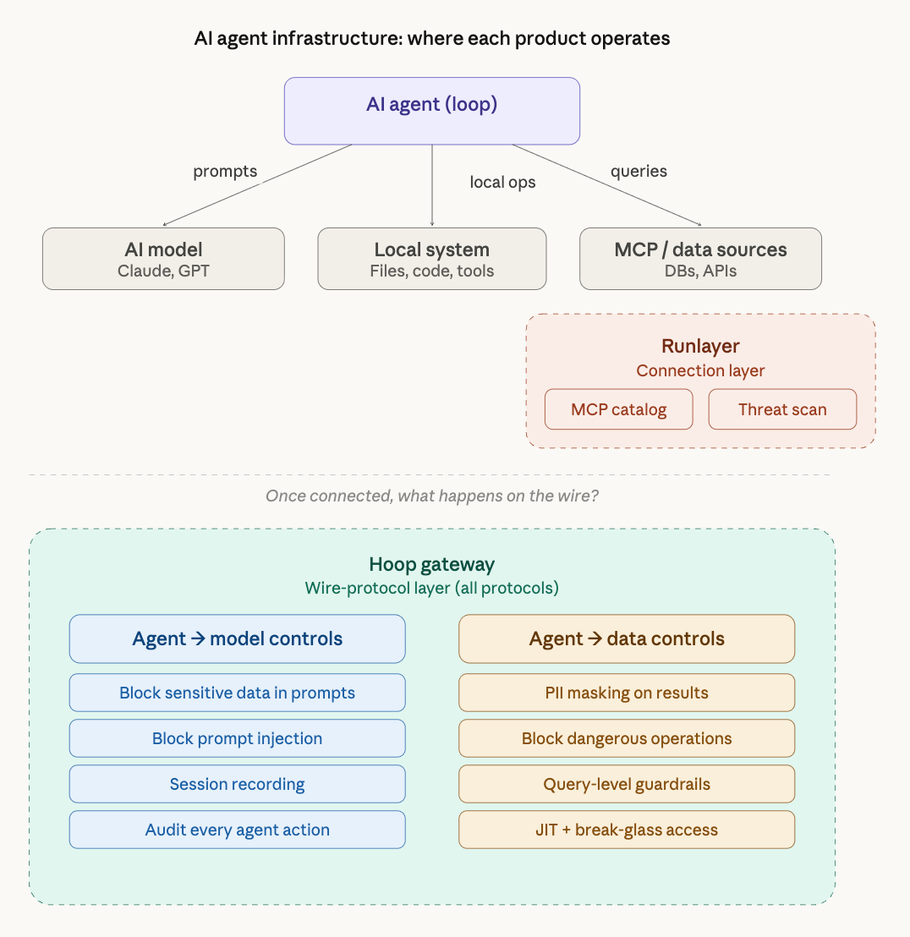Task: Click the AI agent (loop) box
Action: (x=431, y=111)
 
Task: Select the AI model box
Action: (x=163, y=259)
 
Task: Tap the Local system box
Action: (x=431, y=259)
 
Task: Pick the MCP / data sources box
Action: (x=700, y=259)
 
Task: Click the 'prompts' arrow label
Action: (x=225, y=172)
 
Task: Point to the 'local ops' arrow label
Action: (x=502, y=182)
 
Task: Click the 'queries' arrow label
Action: (x=639, y=171)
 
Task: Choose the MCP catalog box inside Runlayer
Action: (x=618, y=409)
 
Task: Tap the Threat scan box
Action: (x=782, y=409)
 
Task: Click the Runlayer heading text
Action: (x=700, y=346)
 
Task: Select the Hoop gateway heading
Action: (x=431, y=564)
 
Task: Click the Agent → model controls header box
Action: (x=237, y=638)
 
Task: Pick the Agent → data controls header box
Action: (x=627, y=638)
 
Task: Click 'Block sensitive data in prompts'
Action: (x=237, y=693)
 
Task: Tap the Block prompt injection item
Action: (x=237, y=738)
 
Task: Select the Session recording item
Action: (x=237, y=784)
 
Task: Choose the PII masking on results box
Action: (x=627, y=693)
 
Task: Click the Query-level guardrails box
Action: (x=627, y=784)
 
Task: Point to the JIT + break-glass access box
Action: (x=627, y=830)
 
